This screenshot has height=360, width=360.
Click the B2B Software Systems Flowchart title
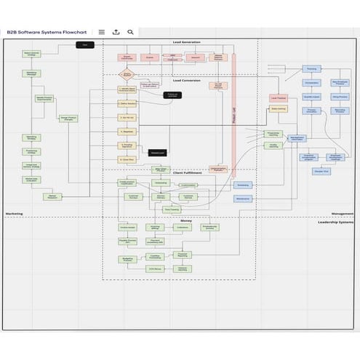(48, 32)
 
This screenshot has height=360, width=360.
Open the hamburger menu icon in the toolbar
(102, 32)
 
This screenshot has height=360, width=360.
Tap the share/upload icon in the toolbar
(116, 32)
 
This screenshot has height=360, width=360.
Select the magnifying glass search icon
(131, 32)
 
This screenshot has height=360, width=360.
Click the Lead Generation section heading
(187, 43)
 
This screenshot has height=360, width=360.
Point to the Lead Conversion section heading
(187, 80)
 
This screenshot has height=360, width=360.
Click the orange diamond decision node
(127, 73)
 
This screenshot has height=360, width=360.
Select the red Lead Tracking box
(278, 97)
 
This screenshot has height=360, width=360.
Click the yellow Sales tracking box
(278, 108)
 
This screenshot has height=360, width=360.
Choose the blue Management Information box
(297, 137)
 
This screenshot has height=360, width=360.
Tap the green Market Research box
(52, 196)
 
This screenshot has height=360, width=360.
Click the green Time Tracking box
(172, 209)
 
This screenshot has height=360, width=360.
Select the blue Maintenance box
(243, 199)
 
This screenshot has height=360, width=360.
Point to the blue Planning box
(311, 68)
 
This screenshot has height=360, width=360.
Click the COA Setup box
(155, 269)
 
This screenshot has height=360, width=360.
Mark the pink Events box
(150, 57)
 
